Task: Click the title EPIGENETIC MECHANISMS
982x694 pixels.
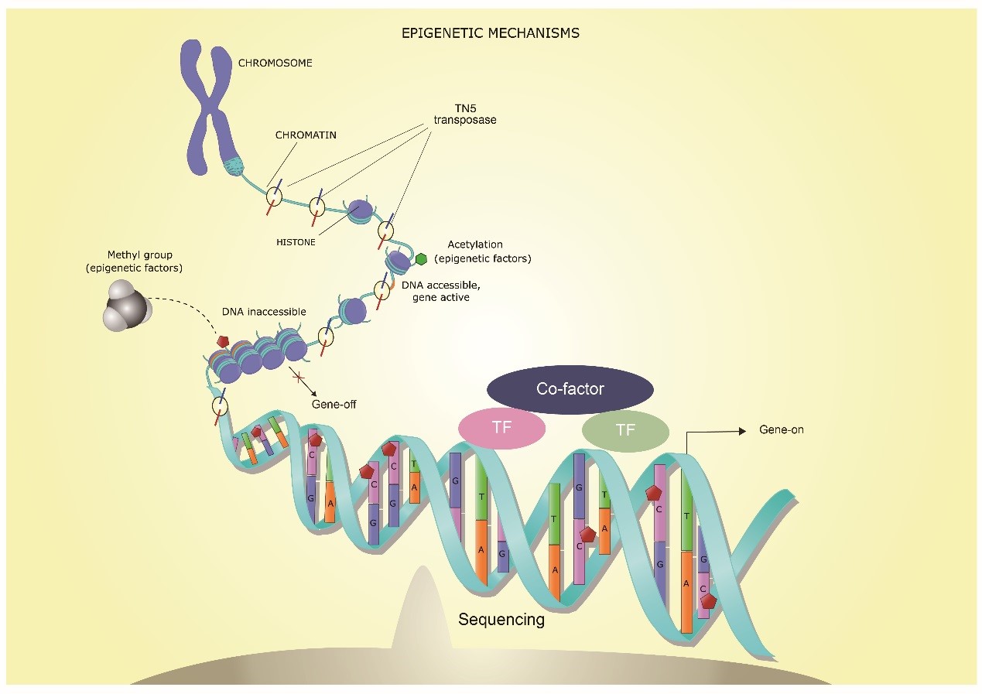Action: pyautogui.click(x=490, y=33)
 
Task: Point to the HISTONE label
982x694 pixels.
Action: pyautogui.click(x=296, y=241)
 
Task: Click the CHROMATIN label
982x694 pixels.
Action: pyautogui.click(x=306, y=135)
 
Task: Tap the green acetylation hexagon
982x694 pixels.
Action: pyautogui.click(x=422, y=259)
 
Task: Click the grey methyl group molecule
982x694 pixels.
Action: pyautogui.click(x=126, y=305)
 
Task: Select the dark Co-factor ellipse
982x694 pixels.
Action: pyautogui.click(x=570, y=389)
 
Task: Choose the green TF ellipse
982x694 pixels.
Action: pyautogui.click(x=625, y=430)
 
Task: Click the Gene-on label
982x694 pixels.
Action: pyautogui.click(x=782, y=429)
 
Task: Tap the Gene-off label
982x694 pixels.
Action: pyautogui.click(x=334, y=404)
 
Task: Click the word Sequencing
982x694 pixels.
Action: pyautogui.click(x=501, y=619)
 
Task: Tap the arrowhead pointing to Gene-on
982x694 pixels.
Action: pyautogui.click(x=744, y=429)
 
